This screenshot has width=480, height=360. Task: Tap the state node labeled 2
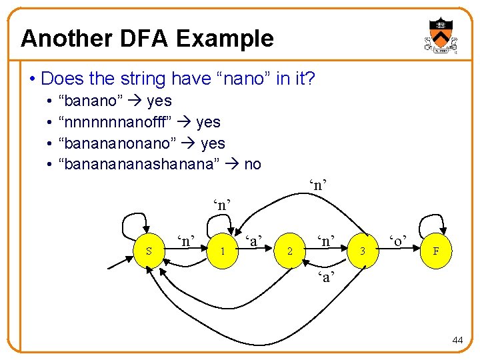coord(290,251)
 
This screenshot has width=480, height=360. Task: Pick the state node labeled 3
coord(363,251)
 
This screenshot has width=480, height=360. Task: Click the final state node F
coord(435,251)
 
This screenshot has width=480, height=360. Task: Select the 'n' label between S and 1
coord(186,239)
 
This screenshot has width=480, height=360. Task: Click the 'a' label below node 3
coord(326,277)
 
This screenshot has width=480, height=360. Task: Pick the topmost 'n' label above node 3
coord(318,184)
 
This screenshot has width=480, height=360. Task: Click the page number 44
coord(457,340)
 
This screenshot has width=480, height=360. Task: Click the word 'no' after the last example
coord(253,164)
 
